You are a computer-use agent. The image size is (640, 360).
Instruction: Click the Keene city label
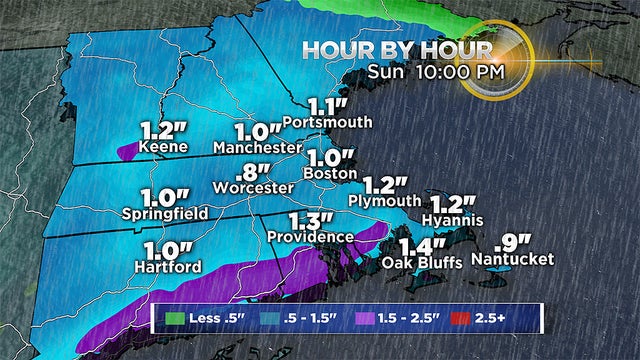tap(166, 148)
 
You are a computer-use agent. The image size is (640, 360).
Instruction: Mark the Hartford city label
tap(169, 267)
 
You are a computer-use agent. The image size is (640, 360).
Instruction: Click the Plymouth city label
tap(384, 200)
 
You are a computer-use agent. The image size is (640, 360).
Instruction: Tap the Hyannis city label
tap(452, 219)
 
